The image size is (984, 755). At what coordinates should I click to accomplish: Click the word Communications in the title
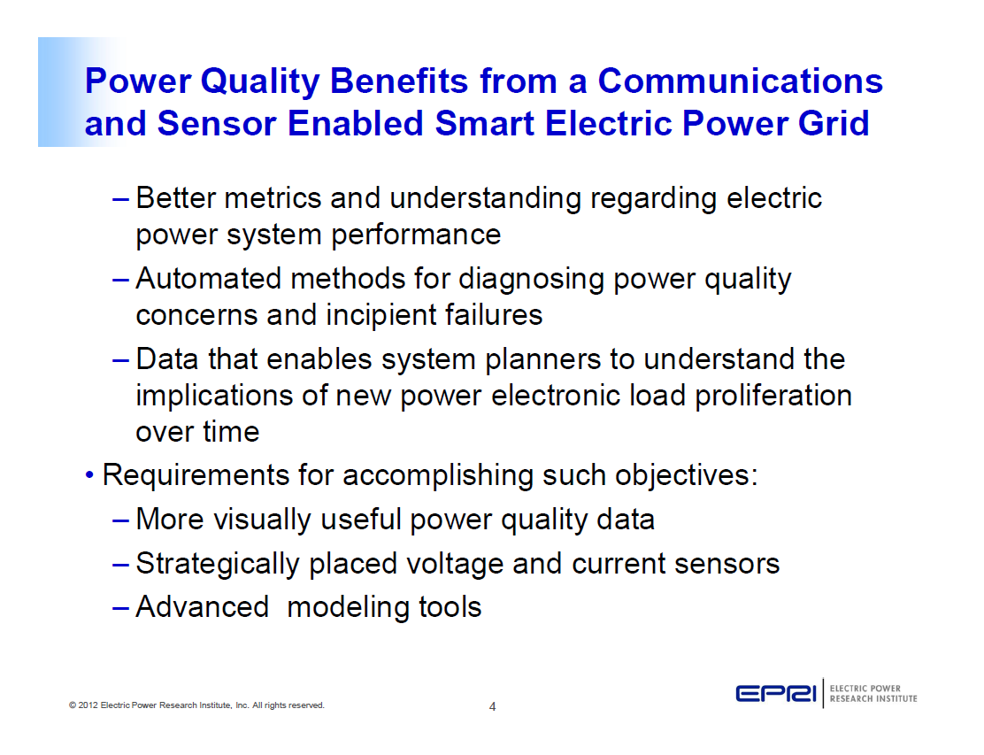coord(740,81)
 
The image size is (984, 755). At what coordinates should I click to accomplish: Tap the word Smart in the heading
coord(484,123)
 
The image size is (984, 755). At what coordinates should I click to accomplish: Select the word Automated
coord(209,279)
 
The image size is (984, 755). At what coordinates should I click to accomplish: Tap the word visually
coord(263,520)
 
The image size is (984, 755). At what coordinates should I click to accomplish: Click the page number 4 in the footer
coord(493,706)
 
